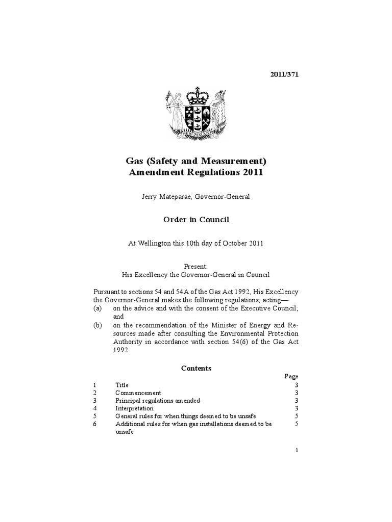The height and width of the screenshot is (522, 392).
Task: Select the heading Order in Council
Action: (x=195, y=219)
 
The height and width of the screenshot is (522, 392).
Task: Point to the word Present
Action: (x=195, y=266)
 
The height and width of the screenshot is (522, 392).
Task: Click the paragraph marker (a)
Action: (x=97, y=308)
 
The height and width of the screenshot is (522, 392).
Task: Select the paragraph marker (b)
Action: (x=97, y=325)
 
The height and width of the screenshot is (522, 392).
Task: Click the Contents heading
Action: (x=196, y=368)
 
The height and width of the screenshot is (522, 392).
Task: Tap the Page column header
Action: (x=291, y=376)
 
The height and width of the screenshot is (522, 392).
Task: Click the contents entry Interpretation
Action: (x=134, y=408)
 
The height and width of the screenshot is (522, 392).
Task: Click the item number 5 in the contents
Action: (x=94, y=416)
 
